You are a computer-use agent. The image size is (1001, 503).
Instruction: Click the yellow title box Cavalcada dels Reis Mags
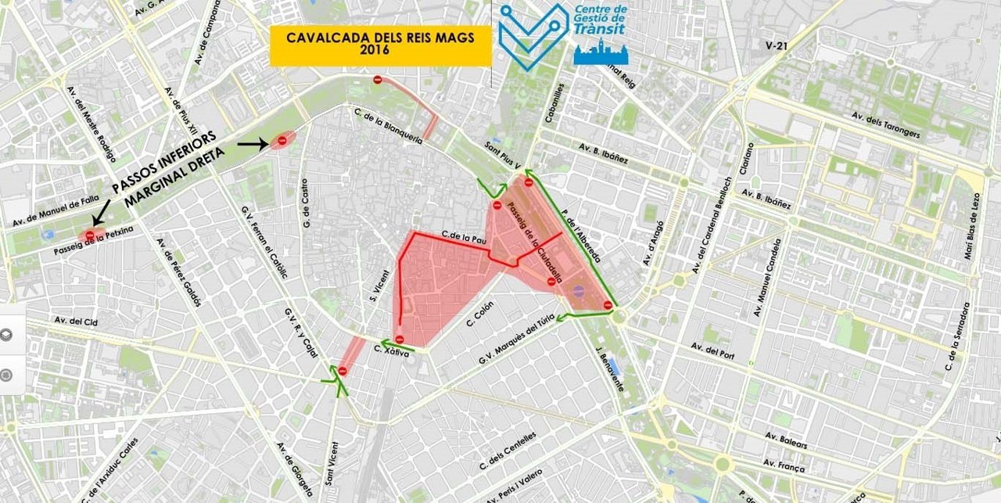pyautogui.click(x=380, y=45)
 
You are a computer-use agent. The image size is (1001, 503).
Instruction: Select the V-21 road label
pyautogui.click(x=777, y=47)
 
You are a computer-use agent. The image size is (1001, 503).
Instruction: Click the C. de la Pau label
pyautogui.click(x=459, y=235)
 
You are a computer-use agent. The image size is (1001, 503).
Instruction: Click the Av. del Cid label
pyautogui.click(x=76, y=322)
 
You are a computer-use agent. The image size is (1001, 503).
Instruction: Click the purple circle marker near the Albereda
pyautogui.click(x=578, y=291)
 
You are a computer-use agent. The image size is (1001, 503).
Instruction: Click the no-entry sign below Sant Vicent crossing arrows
pyautogui.click(x=342, y=371)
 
